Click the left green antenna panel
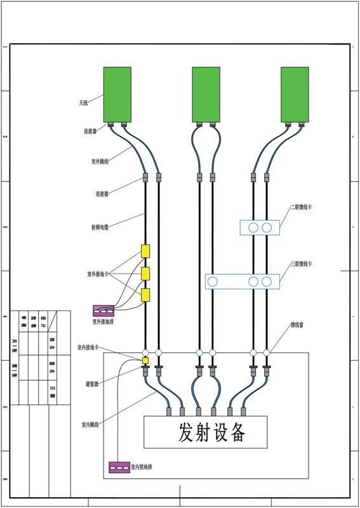tap(117, 95)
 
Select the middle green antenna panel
tap(206, 95)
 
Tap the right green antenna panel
tap(295, 95)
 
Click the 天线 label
tap(83, 102)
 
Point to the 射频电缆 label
tap(100, 227)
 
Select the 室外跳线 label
tap(100, 162)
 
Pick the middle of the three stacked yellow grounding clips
tap(145, 274)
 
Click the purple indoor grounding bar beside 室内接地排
tap(119, 467)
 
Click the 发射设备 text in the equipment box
tap(205, 432)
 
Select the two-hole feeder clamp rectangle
tap(259, 227)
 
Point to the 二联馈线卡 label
tap(301, 207)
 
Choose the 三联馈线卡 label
tap(301, 264)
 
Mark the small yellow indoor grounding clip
tap(145, 361)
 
